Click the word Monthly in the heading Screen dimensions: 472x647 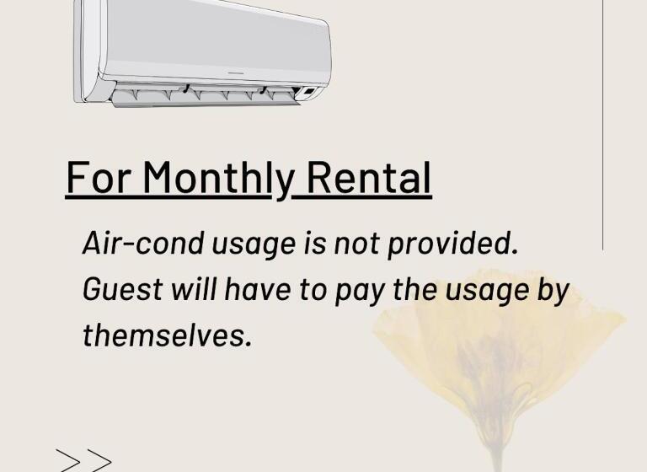point(217,178)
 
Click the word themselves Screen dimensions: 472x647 point(167,335)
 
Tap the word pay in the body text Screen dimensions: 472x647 point(355,291)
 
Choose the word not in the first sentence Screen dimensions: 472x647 point(358,244)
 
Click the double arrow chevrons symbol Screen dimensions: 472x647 point(84,460)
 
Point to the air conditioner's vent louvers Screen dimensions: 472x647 point(206,93)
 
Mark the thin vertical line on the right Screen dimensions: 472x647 point(603,126)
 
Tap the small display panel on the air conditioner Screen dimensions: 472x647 point(309,91)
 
